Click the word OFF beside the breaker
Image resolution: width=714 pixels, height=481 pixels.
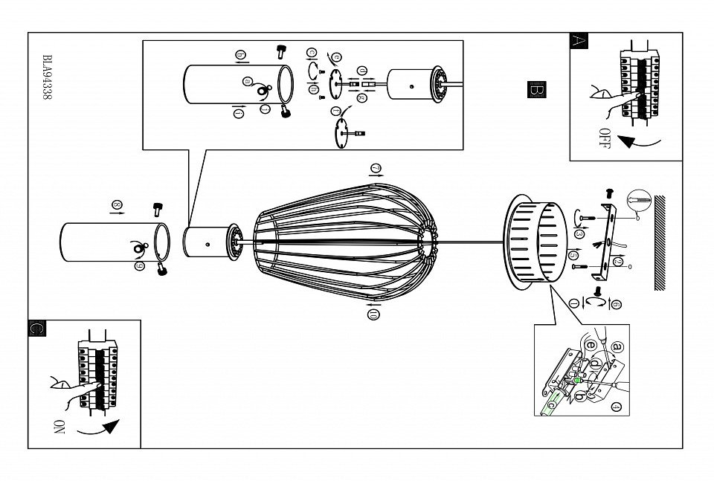pos(605,138)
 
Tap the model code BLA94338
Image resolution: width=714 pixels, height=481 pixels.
pos(48,82)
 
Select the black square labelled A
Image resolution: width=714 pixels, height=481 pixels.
pos(579,41)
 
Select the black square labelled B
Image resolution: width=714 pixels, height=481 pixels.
pos(535,88)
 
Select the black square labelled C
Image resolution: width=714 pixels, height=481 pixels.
pos(35,328)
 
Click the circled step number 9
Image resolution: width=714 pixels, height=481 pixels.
pos(139,266)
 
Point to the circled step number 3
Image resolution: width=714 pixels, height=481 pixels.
pos(579,233)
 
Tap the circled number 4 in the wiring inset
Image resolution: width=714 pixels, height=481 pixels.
pos(615,407)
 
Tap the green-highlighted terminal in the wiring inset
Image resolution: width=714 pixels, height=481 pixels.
pos(578,381)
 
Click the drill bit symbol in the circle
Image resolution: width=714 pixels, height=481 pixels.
pos(639,200)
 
